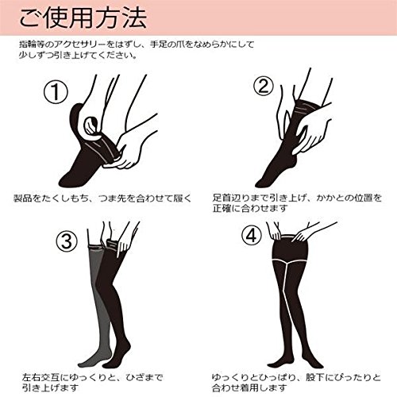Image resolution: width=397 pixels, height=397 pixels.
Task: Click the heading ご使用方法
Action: pos(83,18)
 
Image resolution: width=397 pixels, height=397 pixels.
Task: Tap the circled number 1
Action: pos(56,91)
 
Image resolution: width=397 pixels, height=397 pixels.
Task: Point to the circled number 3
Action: pos(67,241)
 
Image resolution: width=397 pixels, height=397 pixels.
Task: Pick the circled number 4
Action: pos(252,235)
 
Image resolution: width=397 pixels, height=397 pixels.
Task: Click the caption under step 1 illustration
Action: pos(102,198)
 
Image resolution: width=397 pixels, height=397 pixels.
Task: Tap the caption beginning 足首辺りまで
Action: pos(297,203)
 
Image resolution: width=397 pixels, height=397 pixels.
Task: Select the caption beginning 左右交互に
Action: pos(92,383)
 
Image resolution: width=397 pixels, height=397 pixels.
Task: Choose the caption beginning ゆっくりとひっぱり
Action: pos(296,383)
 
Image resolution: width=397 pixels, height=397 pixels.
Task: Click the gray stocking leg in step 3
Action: pos(96,304)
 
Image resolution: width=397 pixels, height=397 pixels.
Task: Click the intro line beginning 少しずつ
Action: pos(78,56)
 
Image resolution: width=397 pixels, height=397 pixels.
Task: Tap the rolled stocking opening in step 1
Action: pos(91,125)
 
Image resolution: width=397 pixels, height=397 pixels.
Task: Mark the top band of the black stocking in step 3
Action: pos(113,244)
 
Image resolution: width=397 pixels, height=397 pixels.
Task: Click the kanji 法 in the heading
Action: pos(136,18)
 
